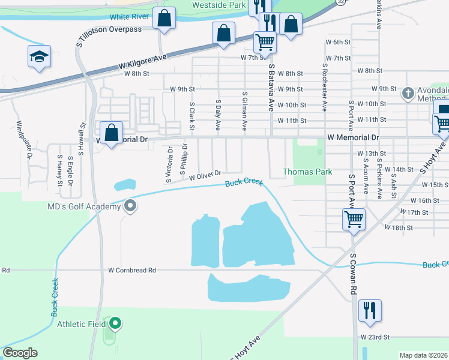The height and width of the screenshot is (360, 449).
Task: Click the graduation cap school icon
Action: point(39,57)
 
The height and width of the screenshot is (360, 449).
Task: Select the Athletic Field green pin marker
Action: point(115,324)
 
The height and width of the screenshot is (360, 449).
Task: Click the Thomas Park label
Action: point(307,172)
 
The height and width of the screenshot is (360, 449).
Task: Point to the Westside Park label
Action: point(218,5)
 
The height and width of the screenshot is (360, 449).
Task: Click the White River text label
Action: point(130,17)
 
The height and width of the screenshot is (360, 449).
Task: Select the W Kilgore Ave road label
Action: point(143,60)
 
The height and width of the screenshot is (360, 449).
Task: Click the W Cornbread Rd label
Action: point(132,271)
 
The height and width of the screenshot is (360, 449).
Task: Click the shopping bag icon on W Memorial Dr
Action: point(112,133)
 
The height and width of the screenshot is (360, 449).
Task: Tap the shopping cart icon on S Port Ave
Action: point(354,219)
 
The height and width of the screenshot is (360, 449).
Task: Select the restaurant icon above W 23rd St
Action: point(370,310)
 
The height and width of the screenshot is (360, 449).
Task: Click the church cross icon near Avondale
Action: point(408,93)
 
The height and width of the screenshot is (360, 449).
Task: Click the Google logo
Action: point(20,353)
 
